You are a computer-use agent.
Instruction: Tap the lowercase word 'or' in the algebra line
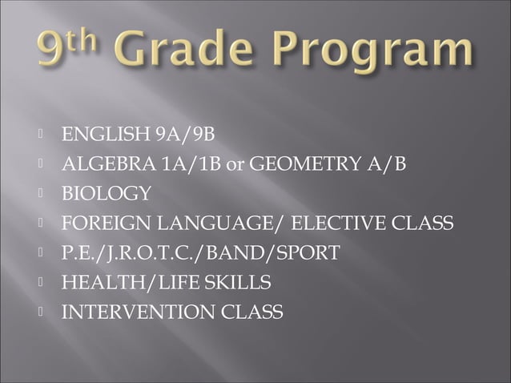236,165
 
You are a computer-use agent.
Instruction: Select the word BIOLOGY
107,194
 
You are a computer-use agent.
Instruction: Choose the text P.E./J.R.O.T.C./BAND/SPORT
201,253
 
